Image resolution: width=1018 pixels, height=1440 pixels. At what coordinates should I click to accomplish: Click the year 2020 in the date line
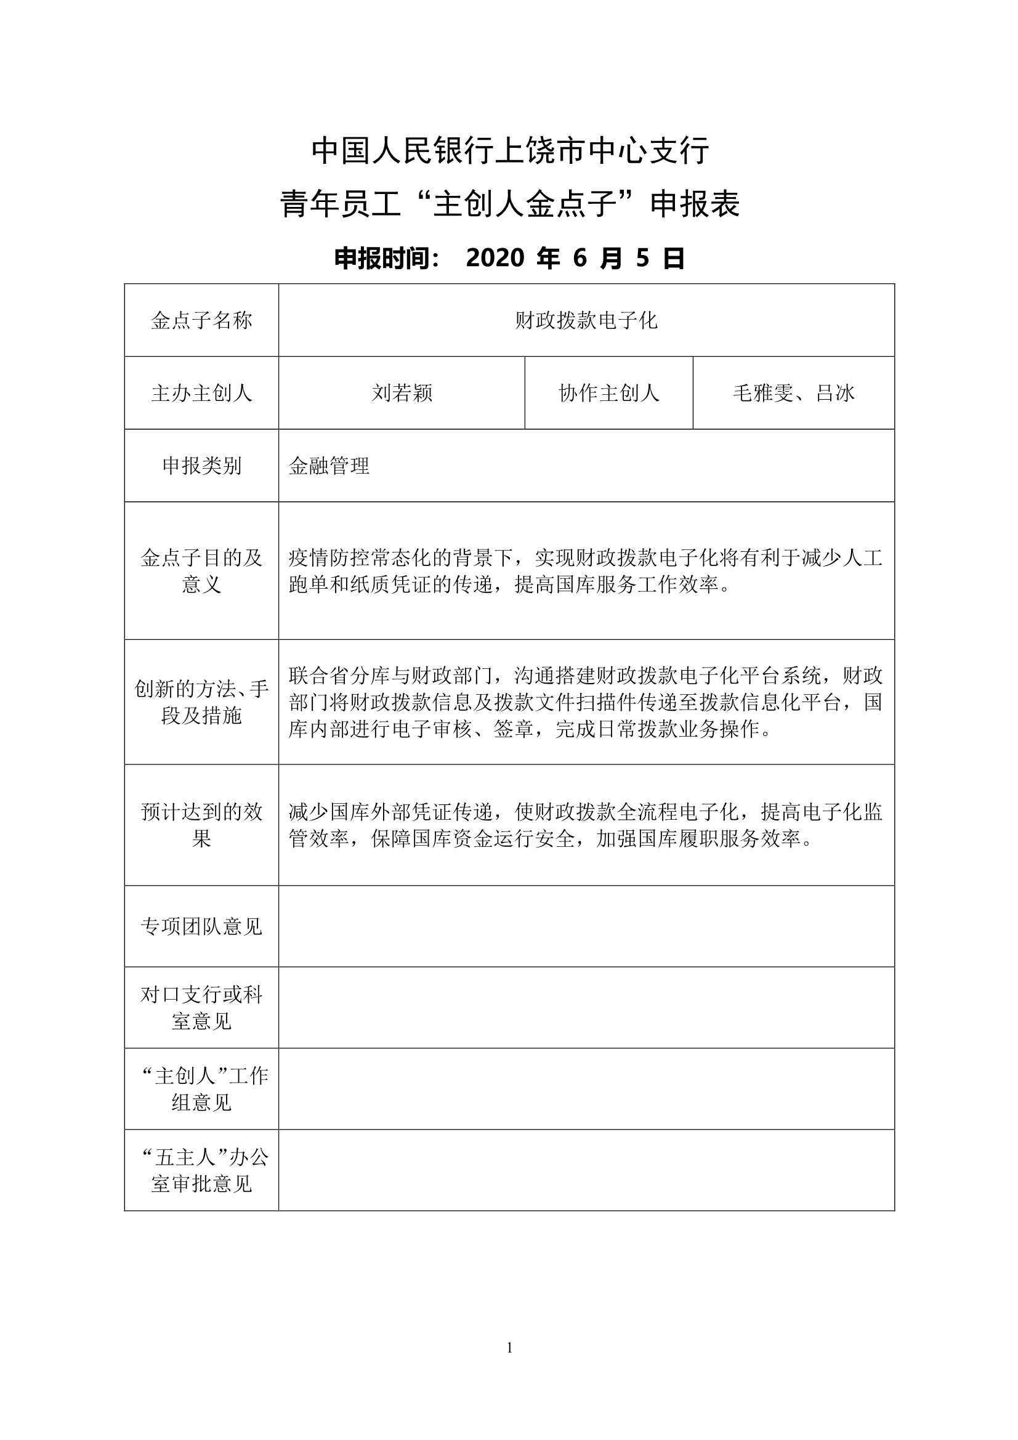(495, 258)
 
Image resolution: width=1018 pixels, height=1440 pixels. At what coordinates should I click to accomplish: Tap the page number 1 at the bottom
(509, 1347)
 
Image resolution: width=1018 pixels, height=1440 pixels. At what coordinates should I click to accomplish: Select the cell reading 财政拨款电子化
(586, 320)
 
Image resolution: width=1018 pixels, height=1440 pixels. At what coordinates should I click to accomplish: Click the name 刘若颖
(402, 393)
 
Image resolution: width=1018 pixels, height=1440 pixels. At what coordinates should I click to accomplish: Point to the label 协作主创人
(608, 393)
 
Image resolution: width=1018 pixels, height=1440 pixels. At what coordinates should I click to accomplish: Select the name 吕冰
(836, 393)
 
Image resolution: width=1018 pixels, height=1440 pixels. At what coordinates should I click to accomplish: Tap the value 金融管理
(329, 466)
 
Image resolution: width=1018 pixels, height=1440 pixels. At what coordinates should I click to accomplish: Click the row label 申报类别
(201, 466)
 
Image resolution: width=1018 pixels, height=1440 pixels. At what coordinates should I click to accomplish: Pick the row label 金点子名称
(201, 320)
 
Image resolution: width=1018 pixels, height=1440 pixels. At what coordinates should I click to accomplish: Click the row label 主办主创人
(201, 393)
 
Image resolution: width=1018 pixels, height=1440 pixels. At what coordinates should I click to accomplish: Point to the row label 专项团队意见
(201, 926)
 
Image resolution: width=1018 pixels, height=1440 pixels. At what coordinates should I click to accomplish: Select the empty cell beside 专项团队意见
(586, 926)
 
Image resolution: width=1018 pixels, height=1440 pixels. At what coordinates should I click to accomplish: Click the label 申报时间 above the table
(386, 258)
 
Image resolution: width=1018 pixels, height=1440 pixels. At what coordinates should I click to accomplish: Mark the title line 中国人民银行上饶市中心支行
(510, 150)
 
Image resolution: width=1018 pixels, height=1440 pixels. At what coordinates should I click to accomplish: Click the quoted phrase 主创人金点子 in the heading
(525, 204)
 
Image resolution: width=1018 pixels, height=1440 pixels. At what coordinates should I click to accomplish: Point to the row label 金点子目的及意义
(201, 571)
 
